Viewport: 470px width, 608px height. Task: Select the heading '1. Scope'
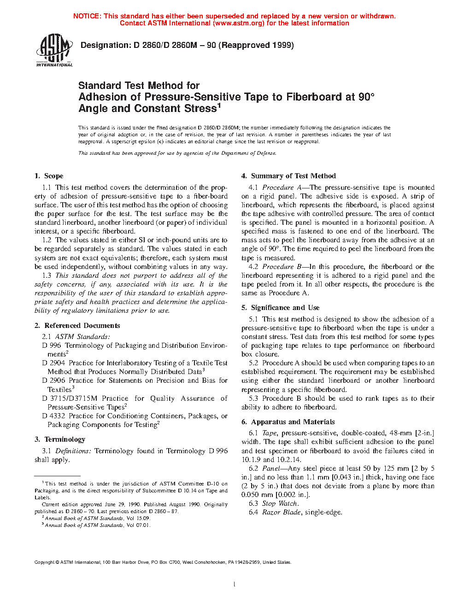(49, 176)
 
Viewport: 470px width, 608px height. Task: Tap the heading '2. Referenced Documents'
(77, 326)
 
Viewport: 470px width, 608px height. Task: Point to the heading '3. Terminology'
(60, 439)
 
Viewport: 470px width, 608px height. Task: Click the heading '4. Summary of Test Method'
(288, 176)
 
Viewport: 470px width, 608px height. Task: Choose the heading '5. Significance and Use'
(280, 308)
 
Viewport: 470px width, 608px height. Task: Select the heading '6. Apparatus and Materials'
(288, 422)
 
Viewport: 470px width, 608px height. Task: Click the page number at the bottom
(235, 585)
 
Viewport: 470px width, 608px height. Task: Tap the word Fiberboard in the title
(312, 97)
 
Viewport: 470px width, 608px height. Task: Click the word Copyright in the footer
(45, 562)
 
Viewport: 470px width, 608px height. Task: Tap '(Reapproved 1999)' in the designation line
(256, 45)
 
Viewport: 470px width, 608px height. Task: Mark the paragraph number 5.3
(253, 398)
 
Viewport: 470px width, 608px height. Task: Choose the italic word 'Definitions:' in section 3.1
(73, 451)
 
